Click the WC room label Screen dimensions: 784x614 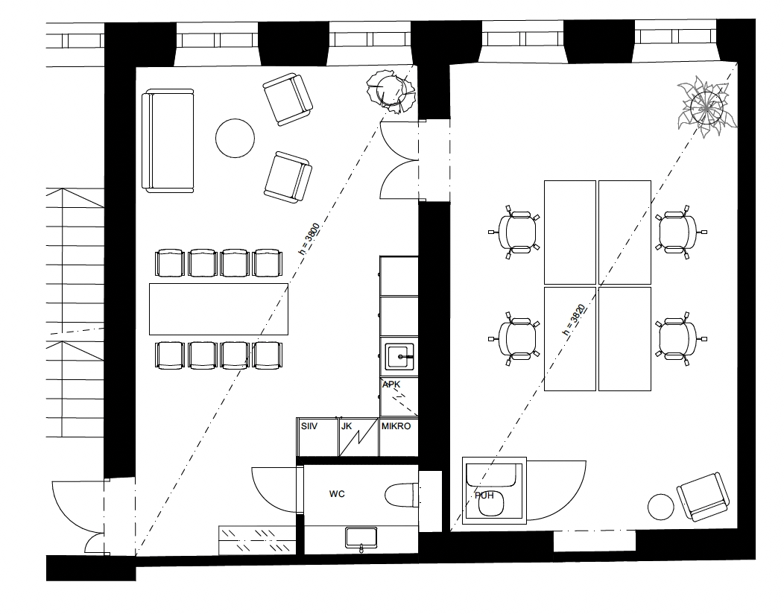pyautogui.click(x=337, y=494)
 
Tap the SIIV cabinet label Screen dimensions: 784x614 pyautogui.click(x=309, y=426)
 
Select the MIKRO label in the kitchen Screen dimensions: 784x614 pyautogui.click(x=396, y=426)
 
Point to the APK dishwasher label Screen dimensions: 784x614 pyautogui.click(x=391, y=384)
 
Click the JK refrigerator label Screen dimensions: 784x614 pyautogui.click(x=347, y=426)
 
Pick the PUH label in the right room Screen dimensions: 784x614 pyautogui.click(x=484, y=496)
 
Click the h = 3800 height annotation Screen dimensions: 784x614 pyautogui.click(x=309, y=239)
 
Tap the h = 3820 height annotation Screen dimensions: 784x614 pyautogui.click(x=574, y=320)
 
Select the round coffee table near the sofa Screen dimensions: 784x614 pyautogui.click(x=235, y=139)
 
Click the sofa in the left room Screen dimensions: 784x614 pyautogui.click(x=168, y=141)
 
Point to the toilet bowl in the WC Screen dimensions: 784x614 pyautogui.click(x=402, y=495)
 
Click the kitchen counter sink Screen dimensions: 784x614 pyautogui.click(x=399, y=356)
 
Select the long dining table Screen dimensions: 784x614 pyautogui.click(x=218, y=309)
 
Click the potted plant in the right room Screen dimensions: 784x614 pyautogui.click(x=706, y=107)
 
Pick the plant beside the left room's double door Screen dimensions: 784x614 pyautogui.click(x=391, y=92)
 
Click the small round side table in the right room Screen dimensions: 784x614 pyautogui.click(x=661, y=507)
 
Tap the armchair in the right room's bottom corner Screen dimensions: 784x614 pyautogui.click(x=703, y=497)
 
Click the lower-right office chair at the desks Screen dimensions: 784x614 pyautogui.click(x=678, y=338)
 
